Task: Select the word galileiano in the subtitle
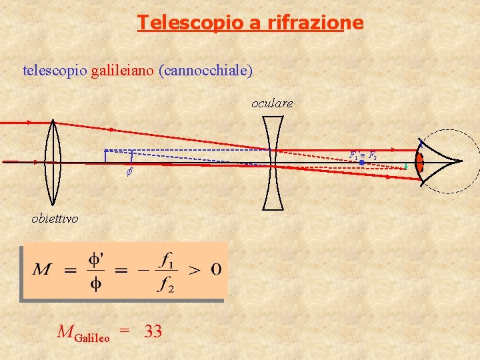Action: coord(123,69)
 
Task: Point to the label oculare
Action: coord(271,103)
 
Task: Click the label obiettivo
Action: coord(55,219)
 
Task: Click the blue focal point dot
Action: coord(361,163)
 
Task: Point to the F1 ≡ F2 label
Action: coord(363,155)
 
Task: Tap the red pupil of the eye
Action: coord(420,162)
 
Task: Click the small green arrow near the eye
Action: coord(405,167)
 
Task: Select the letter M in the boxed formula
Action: coord(43,270)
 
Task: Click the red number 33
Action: coord(153,331)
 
